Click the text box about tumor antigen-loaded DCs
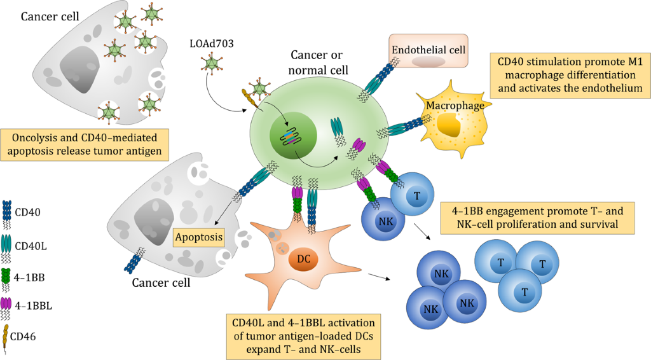point(303,336)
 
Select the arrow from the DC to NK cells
point(379,276)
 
